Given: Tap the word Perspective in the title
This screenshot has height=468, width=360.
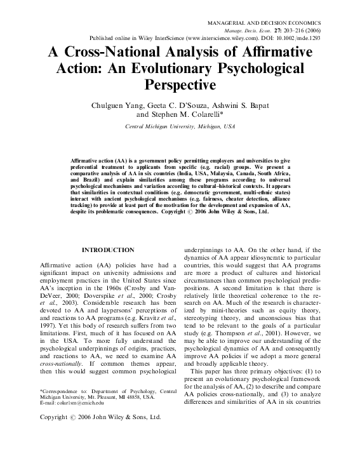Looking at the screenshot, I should click(x=180, y=83).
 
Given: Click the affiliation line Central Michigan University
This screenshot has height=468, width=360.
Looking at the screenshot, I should click(x=179, y=127).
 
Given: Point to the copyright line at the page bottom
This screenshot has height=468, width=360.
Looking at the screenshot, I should click(x=100, y=417).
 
